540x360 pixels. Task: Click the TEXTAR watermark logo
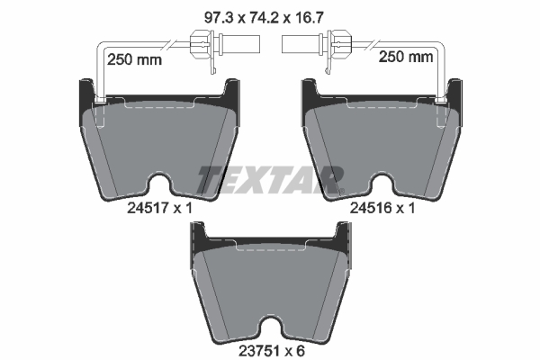270,180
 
